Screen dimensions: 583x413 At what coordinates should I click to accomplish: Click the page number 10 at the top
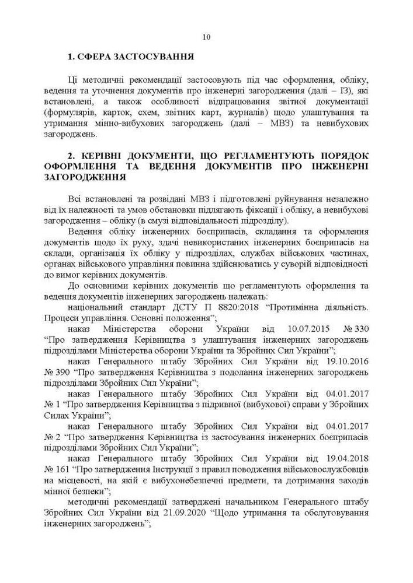(x=206, y=37)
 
